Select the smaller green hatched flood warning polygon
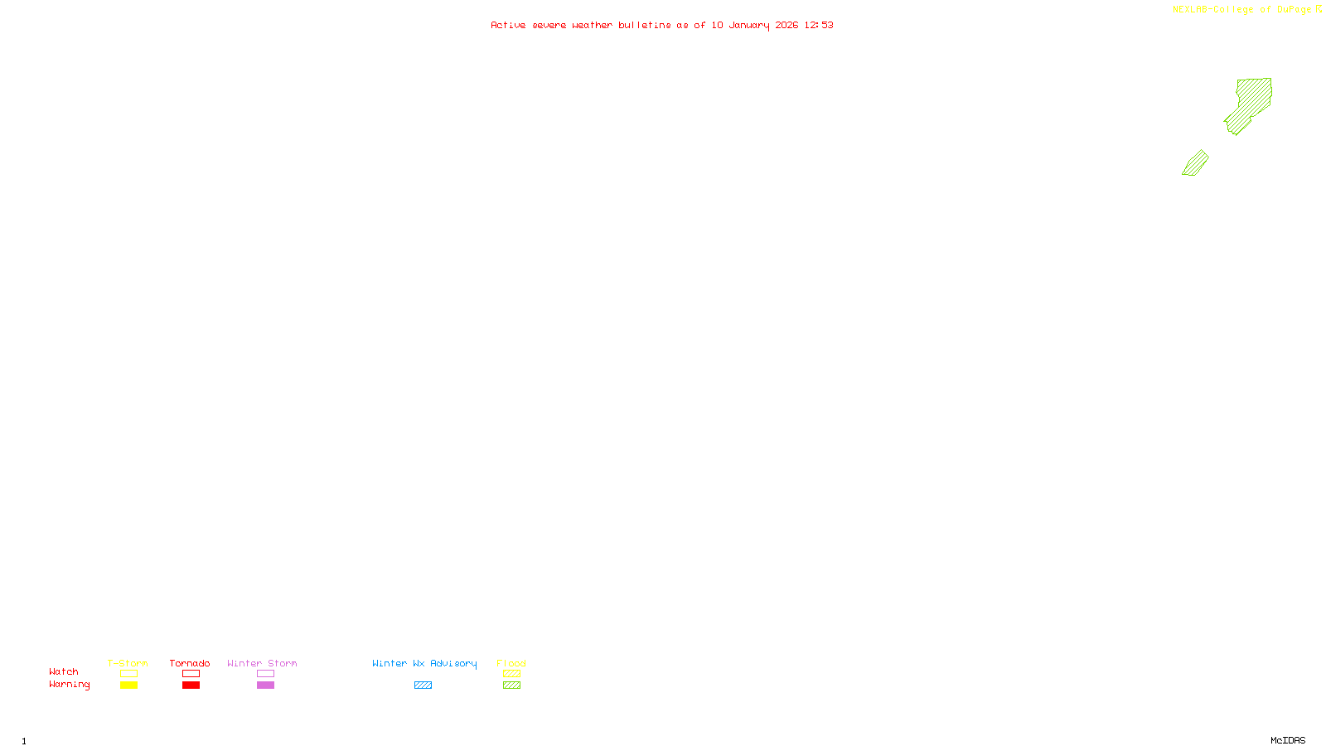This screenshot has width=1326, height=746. pos(1195,163)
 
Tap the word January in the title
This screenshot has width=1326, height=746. pos(748,25)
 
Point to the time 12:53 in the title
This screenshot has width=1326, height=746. pos(818,25)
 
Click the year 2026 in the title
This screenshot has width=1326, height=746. pos(786,25)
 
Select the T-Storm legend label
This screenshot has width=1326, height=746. pos(128,663)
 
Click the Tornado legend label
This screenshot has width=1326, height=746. pos(190,663)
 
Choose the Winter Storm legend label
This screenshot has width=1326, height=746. pos(262,663)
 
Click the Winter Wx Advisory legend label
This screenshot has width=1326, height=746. pos(424,663)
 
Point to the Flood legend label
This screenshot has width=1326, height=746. pos(511,663)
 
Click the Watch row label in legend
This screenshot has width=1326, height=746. pos(64,671)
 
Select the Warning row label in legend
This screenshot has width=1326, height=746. pos(69,685)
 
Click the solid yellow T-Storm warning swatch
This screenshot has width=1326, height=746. pos(128,685)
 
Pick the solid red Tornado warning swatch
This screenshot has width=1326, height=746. pos(191,685)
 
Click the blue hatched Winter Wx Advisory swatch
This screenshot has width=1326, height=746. pos(423,685)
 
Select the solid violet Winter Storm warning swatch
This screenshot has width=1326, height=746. pos(265,685)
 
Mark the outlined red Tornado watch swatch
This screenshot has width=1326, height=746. pos(191,674)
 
